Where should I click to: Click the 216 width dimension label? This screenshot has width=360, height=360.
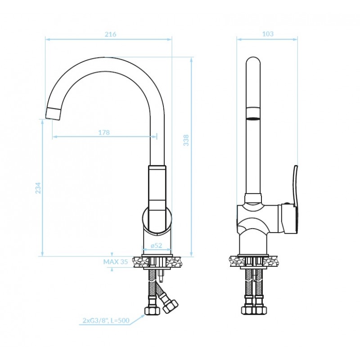(110, 34)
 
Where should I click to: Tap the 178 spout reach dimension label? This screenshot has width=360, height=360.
(104, 132)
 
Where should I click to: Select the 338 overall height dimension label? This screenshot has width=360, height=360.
(186, 140)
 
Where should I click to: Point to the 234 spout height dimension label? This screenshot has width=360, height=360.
(38, 188)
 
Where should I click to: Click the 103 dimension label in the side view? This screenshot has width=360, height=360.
(268, 34)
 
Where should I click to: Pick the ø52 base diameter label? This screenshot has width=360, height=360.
(156, 245)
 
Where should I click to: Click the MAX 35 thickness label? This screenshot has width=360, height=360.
(116, 262)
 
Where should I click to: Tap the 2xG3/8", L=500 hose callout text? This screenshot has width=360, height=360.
(106, 320)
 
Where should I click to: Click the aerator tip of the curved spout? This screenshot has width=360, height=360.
(53, 113)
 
